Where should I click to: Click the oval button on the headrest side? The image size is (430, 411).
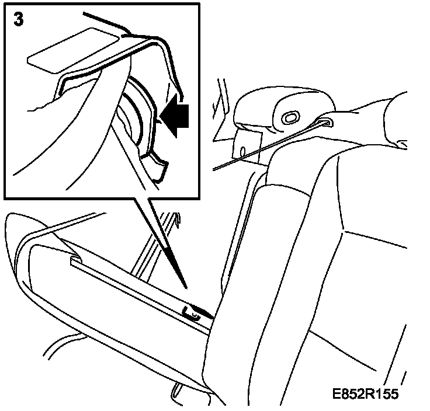point(289,117)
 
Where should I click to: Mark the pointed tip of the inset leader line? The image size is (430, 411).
point(186,286)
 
